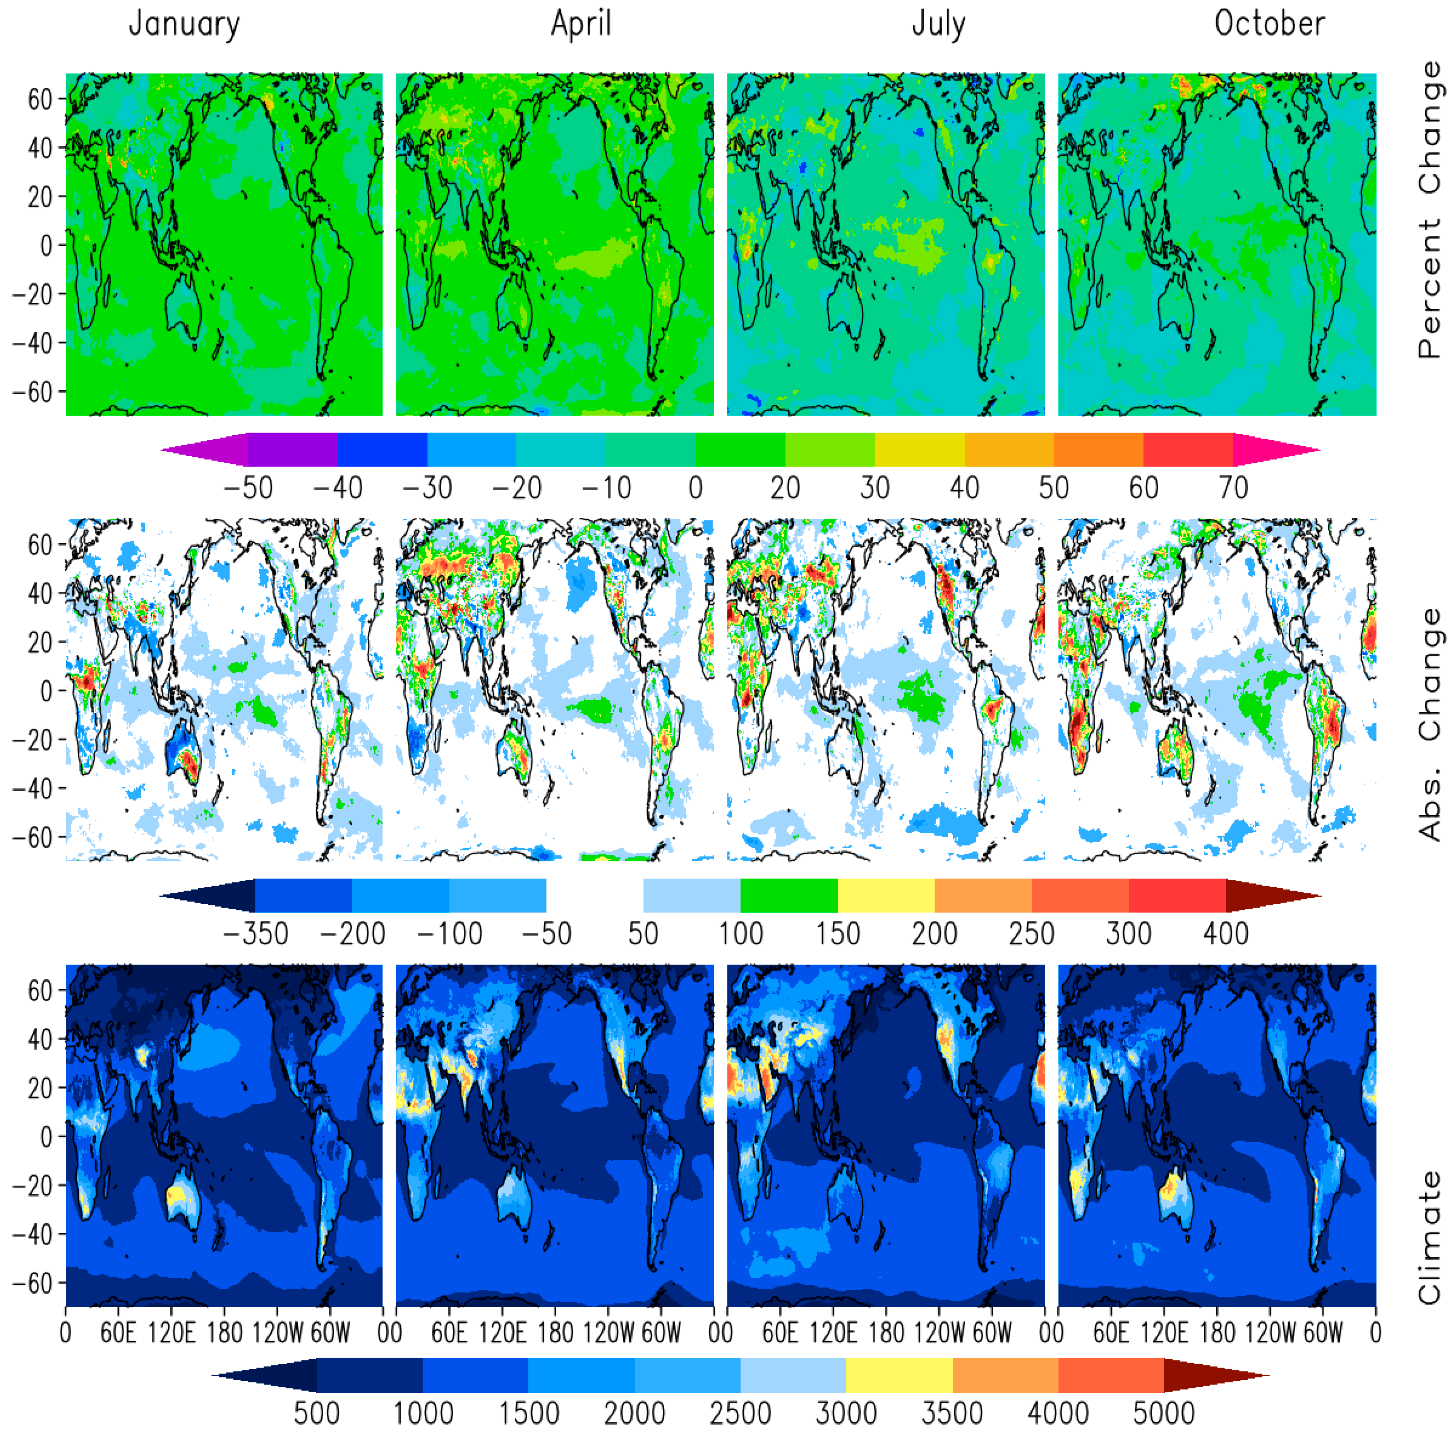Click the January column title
[184, 24]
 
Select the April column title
[581, 24]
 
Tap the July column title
[938, 24]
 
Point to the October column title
[1270, 24]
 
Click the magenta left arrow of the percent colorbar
[203, 450]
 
